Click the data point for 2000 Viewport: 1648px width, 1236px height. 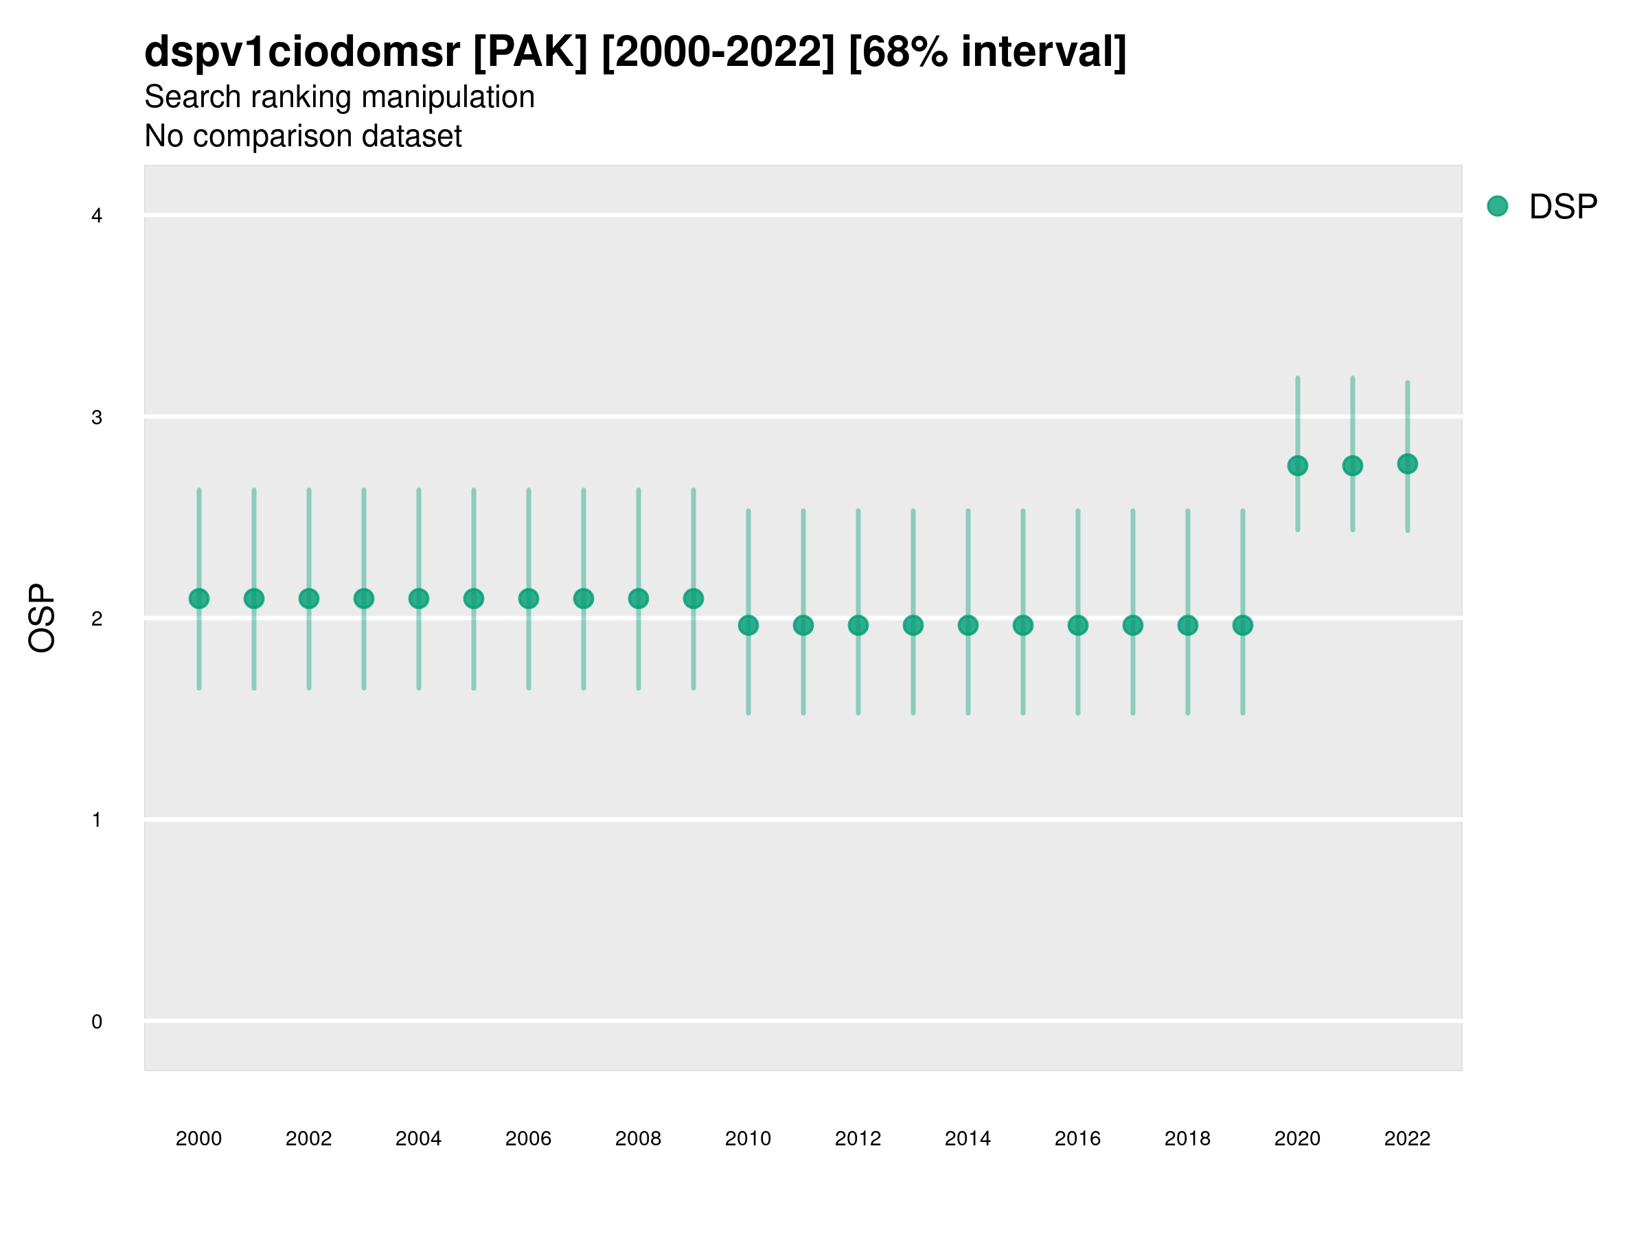(199, 598)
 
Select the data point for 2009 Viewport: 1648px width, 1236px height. (693, 598)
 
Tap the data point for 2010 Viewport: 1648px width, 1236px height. (748, 625)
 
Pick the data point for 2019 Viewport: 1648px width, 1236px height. (1242, 625)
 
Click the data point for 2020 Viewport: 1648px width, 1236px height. (1297, 466)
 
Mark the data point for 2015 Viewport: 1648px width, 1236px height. (1022, 625)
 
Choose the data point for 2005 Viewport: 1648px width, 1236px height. (473, 598)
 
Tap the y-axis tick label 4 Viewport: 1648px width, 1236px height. (97, 216)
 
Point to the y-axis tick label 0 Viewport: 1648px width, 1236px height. (97, 1022)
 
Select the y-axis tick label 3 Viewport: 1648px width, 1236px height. (97, 417)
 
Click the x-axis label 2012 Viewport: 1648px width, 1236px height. (858, 1138)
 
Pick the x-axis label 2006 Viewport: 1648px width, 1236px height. (528, 1138)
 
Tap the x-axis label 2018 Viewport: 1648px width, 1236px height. (1187, 1138)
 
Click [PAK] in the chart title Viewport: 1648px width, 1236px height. (531, 52)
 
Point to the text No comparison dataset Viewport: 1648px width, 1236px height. (303, 137)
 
